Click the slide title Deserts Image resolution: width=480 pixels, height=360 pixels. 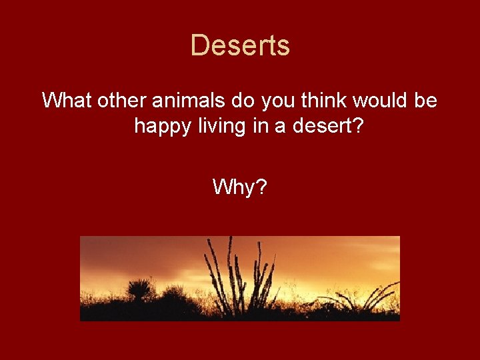(240, 46)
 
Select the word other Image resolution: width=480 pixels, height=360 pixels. (123, 101)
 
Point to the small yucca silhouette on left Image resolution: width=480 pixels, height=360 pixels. (139, 291)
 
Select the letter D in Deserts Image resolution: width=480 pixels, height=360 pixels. (198, 46)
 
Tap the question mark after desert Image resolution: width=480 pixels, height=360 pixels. (358, 125)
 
